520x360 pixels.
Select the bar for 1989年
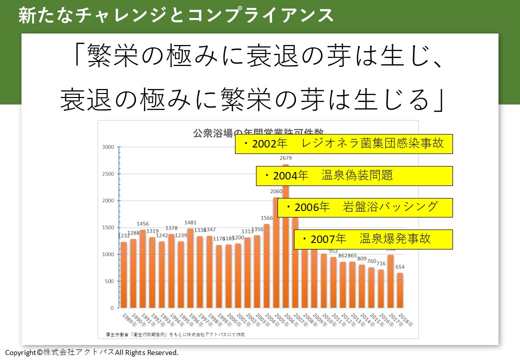[124, 275]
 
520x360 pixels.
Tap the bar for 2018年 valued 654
[400, 290]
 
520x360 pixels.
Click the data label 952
[333, 251]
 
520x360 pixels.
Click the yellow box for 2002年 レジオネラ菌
[343, 144]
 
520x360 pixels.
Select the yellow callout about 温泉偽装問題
[354, 176]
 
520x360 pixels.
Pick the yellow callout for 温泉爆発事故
[373, 239]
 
